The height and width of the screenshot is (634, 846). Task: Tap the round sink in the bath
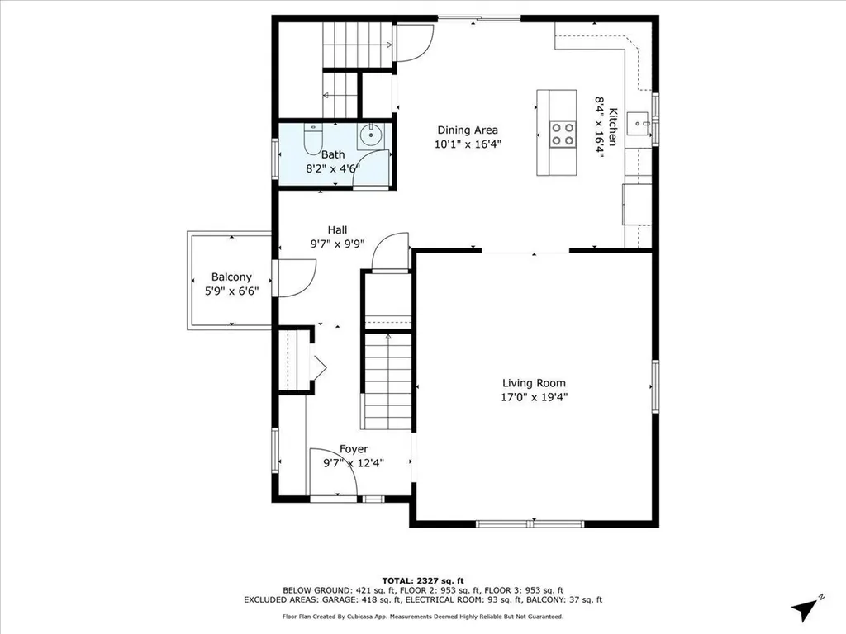pyautogui.click(x=371, y=135)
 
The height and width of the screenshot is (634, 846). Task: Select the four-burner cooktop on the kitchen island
pyautogui.click(x=563, y=134)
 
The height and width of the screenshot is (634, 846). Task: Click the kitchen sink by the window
pyautogui.click(x=639, y=125)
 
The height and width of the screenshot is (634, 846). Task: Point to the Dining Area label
pyautogui.click(x=468, y=130)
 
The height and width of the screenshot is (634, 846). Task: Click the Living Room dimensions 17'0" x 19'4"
pyautogui.click(x=535, y=397)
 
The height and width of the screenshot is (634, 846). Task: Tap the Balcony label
pyautogui.click(x=231, y=277)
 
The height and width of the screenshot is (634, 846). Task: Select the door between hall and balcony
pyautogui.click(x=296, y=278)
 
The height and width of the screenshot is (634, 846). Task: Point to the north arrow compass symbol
pyautogui.click(x=806, y=609)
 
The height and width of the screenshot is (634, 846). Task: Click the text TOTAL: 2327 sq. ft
pyautogui.click(x=423, y=580)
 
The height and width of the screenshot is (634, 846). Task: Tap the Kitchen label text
pyautogui.click(x=612, y=121)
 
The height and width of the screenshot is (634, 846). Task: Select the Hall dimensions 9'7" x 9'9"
pyautogui.click(x=337, y=244)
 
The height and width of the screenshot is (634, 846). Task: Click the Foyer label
pyautogui.click(x=354, y=449)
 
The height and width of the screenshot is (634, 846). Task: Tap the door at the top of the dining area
pyautogui.click(x=414, y=44)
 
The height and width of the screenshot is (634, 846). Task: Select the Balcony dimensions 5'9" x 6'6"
pyautogui.click(x=231, y=291)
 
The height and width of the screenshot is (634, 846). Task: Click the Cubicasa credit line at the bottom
pyautogui.click(x=423, y=617)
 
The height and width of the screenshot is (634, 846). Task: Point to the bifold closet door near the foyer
pyautogui.click(x=318, y=364)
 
